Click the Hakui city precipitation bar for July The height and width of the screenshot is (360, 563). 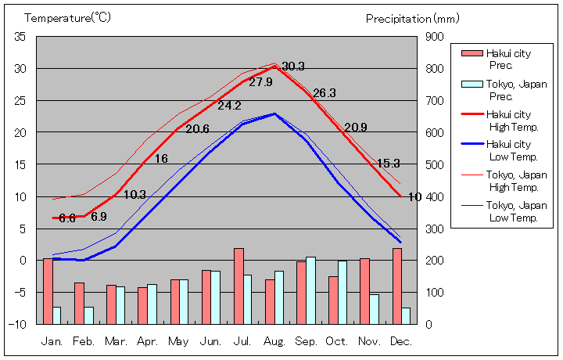coord(238,286)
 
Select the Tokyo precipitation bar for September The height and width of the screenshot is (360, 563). coord(310,290)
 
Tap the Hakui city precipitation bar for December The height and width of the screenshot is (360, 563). coord(397,286)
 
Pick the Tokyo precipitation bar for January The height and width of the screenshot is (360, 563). coord(56,315)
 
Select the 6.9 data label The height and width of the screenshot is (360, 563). coord(99,217)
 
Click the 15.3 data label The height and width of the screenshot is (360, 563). coord(388,164)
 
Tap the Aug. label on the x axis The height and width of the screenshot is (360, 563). coord(274,341)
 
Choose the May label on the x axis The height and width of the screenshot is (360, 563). coord(179,341)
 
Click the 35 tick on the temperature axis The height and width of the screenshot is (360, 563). coord(20,37)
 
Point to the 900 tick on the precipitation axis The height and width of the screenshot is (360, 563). coord(435,37)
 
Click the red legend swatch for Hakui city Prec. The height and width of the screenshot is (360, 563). coord(472,53)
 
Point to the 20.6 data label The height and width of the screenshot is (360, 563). coord(197,129)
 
